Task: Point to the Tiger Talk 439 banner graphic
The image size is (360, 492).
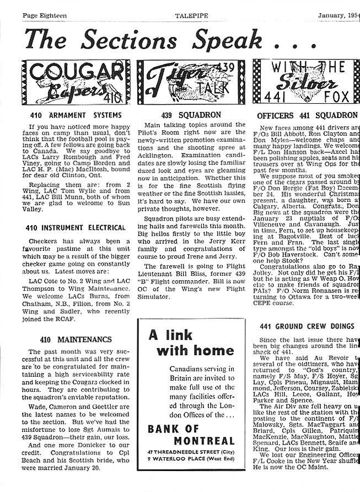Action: (x=191, y=83)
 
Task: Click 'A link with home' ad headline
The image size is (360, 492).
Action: (x=184, y=343)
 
